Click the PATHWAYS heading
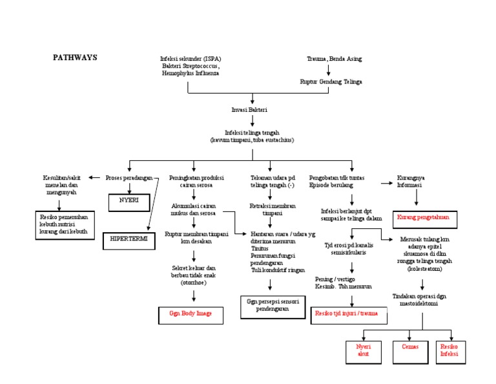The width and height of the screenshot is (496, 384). pyautogui.click(x=74, y=58)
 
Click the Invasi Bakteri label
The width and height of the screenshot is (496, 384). pyautogui.click(x=253, y=110)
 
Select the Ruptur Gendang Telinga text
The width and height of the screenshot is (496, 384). pyautogui.click(x=331, y=82)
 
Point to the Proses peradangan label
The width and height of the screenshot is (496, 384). pyautogui.click(x=129, y=178)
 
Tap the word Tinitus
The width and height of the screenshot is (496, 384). pyautogui.click(x=260, y=248)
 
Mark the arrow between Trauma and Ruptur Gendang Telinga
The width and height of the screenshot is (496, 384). pyautogui.click(x=329, y=70)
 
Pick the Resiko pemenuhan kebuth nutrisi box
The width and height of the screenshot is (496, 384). pyautogui.click(x=65, y=224)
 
